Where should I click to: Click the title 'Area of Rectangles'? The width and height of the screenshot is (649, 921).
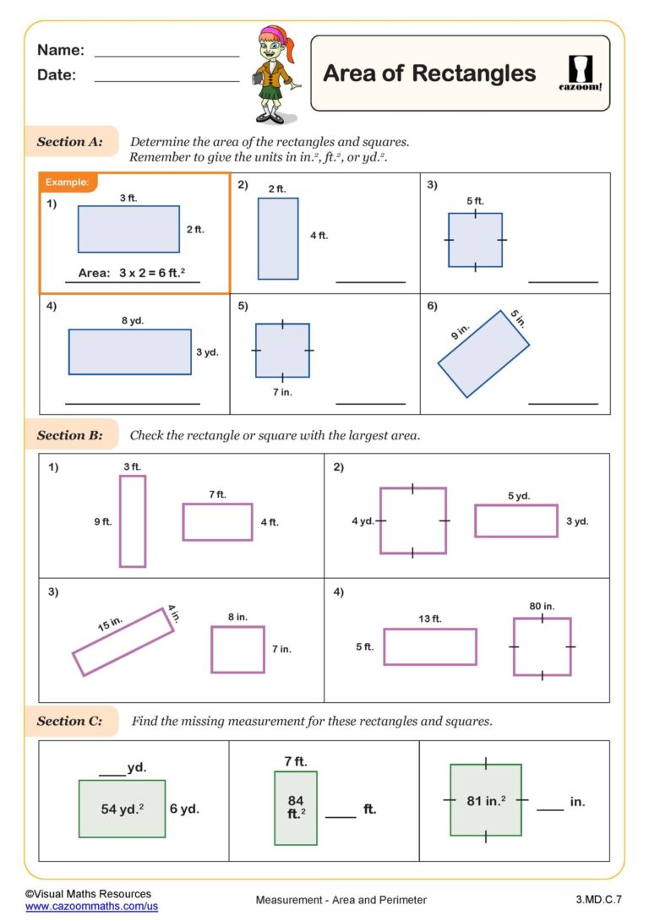429,74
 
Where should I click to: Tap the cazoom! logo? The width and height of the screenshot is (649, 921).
581,73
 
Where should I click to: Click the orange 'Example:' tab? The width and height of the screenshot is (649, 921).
68,182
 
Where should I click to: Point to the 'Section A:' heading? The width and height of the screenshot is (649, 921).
70,142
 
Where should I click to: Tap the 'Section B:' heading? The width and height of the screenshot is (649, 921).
70,435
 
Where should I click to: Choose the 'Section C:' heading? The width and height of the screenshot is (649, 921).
70,721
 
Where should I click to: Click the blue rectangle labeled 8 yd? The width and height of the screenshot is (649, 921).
129,352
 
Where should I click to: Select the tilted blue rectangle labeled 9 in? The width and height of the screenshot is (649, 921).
483,353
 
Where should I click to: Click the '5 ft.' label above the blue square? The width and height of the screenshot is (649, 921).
475,201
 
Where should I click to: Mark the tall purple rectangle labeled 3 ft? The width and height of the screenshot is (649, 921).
133,520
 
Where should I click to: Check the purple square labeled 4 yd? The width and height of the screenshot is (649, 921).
412,520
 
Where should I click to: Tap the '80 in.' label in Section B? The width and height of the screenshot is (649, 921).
542,606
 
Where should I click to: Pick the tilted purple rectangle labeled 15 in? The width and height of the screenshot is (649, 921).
123,641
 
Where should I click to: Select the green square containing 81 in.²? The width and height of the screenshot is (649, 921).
485,799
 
